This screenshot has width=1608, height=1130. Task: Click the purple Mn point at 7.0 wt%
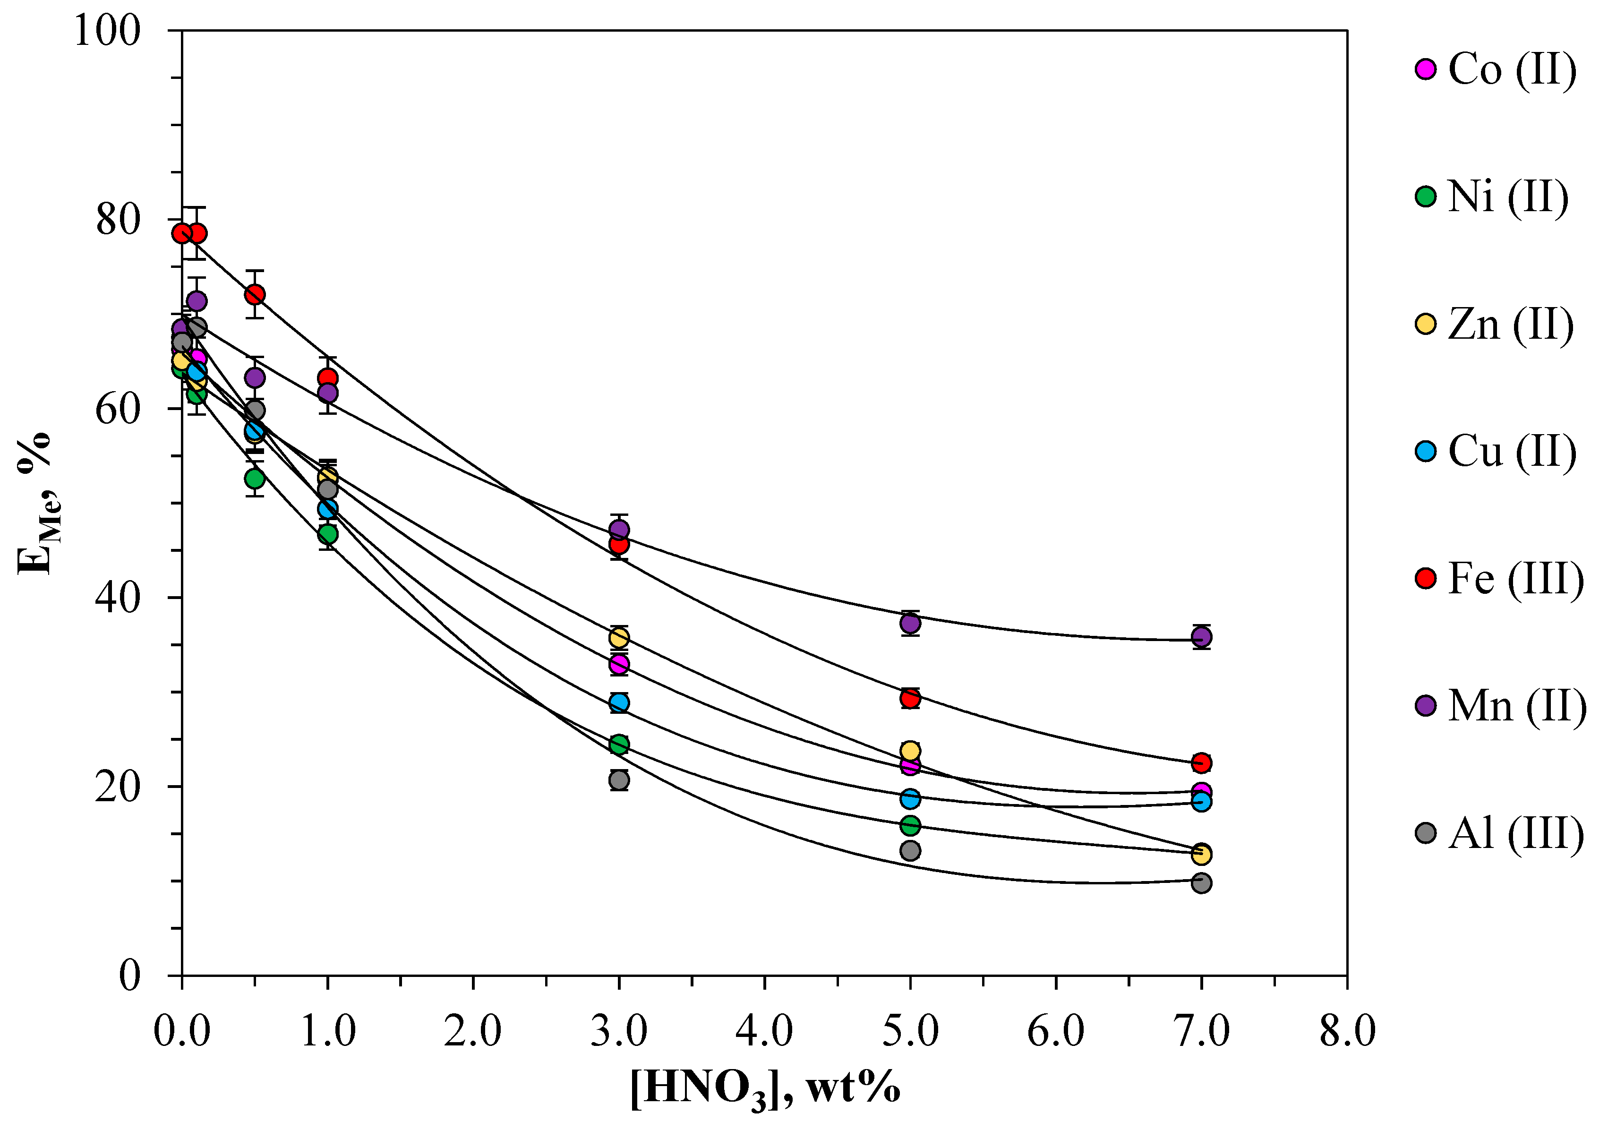pyautogui.click(x=1201, y=637)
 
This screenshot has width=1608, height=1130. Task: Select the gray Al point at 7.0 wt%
pyautogui.click(x=1201, y=883)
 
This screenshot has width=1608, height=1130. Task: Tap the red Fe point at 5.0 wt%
pyautogui.click(x=910, y=698)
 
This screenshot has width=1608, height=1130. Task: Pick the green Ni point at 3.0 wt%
pyautogui.click(x=618, y=744)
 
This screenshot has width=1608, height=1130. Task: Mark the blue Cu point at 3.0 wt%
pyautogui.click(x=618, y=702)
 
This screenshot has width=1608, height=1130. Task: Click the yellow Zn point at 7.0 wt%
pyautogui.click(x=1201, y=854)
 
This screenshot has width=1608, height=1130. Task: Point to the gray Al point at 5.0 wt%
pyautogui.click(x=910, y=850)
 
